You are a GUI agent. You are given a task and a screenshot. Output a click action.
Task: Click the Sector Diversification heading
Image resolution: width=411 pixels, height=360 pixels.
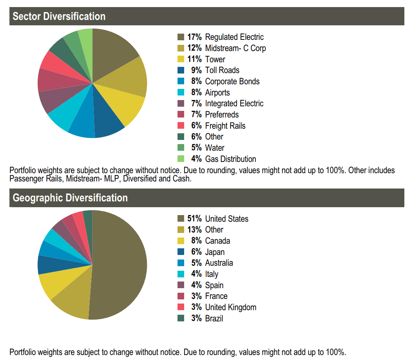tap(59, 17)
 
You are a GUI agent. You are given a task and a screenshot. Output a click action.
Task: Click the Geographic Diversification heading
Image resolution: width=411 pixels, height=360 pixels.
tap(70, 198)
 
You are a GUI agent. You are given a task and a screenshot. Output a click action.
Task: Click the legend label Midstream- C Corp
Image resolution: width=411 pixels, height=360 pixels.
tap(235, 48)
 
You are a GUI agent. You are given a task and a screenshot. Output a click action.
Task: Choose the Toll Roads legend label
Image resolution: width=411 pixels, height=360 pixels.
tap(222, 70)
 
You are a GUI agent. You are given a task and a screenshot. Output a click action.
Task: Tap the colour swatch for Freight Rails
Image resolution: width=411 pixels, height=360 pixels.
tap(181, 125)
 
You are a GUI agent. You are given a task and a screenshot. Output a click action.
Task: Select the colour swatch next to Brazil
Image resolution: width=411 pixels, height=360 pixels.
tap(181, 318)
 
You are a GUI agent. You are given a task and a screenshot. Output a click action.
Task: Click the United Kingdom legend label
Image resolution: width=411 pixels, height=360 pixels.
tap(231, 307)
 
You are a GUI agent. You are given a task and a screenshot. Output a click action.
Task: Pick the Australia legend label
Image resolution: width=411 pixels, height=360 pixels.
tap(219, 263)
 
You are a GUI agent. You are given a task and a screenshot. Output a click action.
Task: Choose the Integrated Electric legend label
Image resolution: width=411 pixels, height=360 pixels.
tap(234, 103)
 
